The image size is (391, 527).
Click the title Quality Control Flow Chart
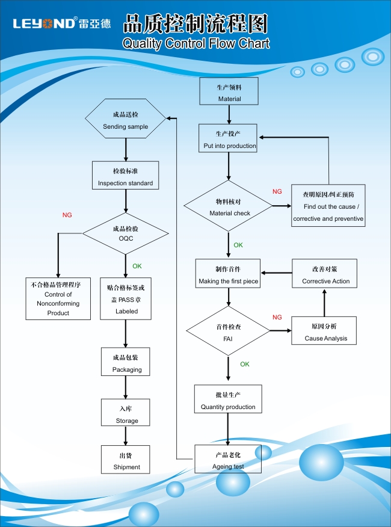click(195, 43)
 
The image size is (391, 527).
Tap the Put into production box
click(229, 139)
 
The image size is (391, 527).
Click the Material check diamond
click(229, 207)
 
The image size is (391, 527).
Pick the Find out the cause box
click(328, 206)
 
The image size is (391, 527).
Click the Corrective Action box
click(325, 275)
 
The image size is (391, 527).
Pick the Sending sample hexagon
click(125, 120)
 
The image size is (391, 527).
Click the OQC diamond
click(126, 233)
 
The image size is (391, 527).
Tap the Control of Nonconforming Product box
click(58, 298)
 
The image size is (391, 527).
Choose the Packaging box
click(126, 363)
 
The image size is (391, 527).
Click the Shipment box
click(126, 460)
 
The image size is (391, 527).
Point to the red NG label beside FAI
click(277, 317)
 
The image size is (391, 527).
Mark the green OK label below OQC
click(137, 266)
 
